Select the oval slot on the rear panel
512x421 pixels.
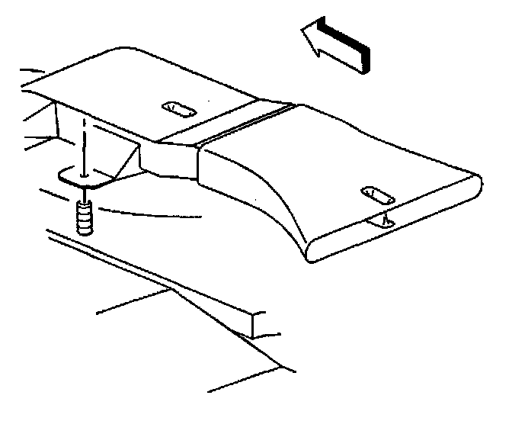(178, 110)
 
